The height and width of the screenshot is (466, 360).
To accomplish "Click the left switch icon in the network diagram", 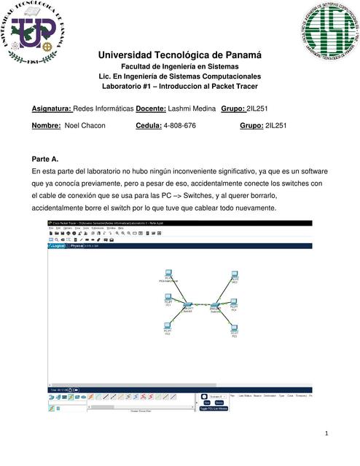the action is pyautogui.click(x=188, y=304).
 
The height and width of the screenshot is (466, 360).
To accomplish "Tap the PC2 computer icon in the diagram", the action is pyautogui.click(x=168, y=325).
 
